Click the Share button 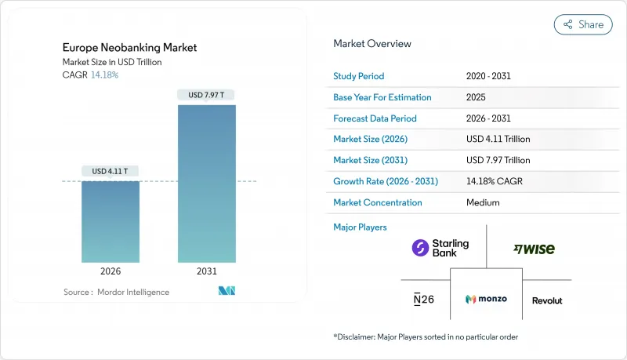[x=583, y=24]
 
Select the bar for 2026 [x=111, y=222]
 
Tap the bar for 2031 [x=206, y=184]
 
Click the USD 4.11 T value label [x=111, y=171]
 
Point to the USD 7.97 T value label [x=206, y=95]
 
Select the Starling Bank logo [x=440, y=249]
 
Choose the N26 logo [x=422, y=300]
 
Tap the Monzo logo [x=486, y=300]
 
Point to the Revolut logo [x=547, y=300]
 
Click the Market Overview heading [x=372, y=43]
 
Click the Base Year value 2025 [x=476, y=97]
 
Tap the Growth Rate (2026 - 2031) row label [x=386, y=181]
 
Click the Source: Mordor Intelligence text [x=116, y=293]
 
